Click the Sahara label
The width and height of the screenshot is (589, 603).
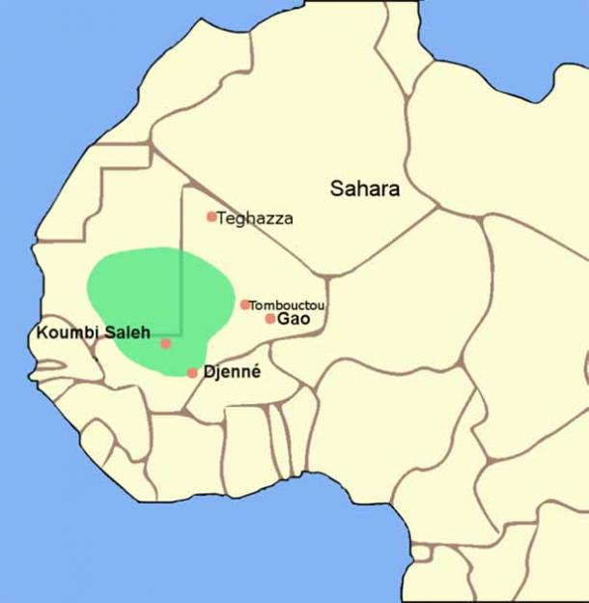364,188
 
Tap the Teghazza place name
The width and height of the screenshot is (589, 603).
255,218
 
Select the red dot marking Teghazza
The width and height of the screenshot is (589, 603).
211,216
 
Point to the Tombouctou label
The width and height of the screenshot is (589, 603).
287,305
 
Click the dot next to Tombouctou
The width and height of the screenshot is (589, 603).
245,304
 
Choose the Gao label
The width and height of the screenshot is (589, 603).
293,319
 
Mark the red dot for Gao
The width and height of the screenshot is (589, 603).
270,318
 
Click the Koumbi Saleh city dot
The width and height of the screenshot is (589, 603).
166,343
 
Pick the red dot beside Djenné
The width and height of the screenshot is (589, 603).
192,372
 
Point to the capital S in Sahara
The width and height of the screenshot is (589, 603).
337,188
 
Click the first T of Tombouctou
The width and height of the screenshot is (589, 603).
253,305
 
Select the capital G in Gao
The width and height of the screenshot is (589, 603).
283,319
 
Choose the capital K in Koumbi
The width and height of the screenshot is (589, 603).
41,333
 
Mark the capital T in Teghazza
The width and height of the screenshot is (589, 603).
222,218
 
